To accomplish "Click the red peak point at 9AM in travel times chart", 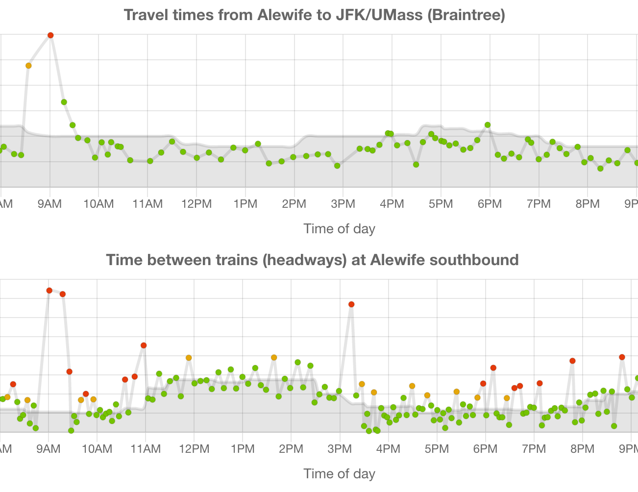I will [50, 35].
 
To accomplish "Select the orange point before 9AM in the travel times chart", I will [28, 66].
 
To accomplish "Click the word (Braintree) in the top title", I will [466, 15].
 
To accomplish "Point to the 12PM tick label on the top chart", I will [196, 203].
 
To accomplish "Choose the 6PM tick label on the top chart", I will [490, 203].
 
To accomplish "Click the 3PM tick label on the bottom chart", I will [340, 448].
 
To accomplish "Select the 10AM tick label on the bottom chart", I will [97, 448].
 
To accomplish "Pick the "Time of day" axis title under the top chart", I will [339, 228].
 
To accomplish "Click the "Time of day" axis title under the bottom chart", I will [339, 473].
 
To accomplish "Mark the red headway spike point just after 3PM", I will [351, 304].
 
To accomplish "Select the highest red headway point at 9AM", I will [49, 291].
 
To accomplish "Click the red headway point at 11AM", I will [144, 345].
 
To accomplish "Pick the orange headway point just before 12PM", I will [189, 358].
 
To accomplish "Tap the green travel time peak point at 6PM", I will [488, 125].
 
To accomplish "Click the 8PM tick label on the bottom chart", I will [583, 448].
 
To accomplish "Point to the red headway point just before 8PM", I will [572, 361].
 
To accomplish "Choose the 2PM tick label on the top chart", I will [294, 203].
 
